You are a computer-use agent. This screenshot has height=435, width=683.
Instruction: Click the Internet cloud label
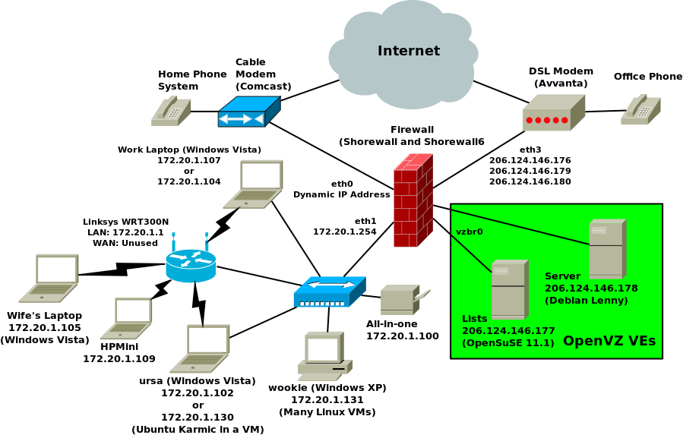tap(409, 51)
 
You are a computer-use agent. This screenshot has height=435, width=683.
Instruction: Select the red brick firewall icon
tap(413, 201)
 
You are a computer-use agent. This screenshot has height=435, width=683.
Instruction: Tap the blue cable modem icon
tap(248, 112)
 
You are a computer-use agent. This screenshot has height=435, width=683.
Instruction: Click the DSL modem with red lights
tap(553, 113)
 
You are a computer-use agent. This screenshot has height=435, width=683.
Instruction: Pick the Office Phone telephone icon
tap(640, 110)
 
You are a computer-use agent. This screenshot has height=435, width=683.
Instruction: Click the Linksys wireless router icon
tap(191, 262)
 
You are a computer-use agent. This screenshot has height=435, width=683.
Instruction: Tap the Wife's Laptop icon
tap(49, 278)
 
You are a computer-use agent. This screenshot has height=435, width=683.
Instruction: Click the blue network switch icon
tap(330, 292)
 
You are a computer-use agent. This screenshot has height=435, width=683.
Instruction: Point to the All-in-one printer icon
tap(403, 300)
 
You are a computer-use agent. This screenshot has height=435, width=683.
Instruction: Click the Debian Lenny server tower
tap(607, 249)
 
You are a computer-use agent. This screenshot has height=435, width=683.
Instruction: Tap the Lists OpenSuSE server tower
tap(508, 289)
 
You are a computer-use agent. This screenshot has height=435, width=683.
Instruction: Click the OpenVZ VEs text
tap(609, 341)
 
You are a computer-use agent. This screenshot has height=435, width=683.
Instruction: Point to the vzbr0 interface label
tap(469, 232)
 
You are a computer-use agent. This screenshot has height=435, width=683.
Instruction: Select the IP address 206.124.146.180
tap(530, 181)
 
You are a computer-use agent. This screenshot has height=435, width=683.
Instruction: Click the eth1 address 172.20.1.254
tap(344, 232)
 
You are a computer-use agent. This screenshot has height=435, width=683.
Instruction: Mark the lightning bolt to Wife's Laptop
tap(114, 270)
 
